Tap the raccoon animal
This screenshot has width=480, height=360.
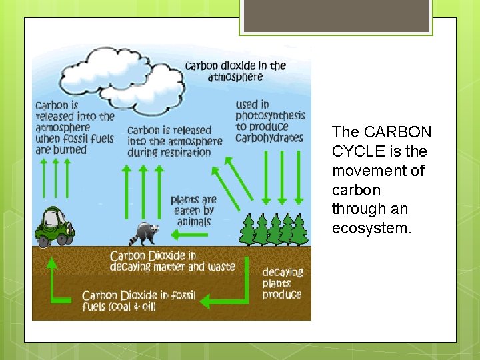tap(147, 233)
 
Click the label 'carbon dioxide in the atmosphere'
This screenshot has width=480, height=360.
tap(235, 71)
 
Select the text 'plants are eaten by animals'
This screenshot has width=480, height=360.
tap(194, 211)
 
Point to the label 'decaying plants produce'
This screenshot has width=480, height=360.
tap(282, 283)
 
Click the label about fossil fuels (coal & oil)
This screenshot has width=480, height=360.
tap(139, 301)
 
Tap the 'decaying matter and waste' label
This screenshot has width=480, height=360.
tap(172, 261)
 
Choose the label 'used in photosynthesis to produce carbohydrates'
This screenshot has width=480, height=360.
tap(269, 121)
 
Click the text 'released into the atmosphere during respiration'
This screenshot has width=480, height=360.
tap(174, 141)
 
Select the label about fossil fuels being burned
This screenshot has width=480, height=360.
tap(74, 127)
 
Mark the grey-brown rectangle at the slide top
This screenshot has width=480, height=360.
tap(335, 15)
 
